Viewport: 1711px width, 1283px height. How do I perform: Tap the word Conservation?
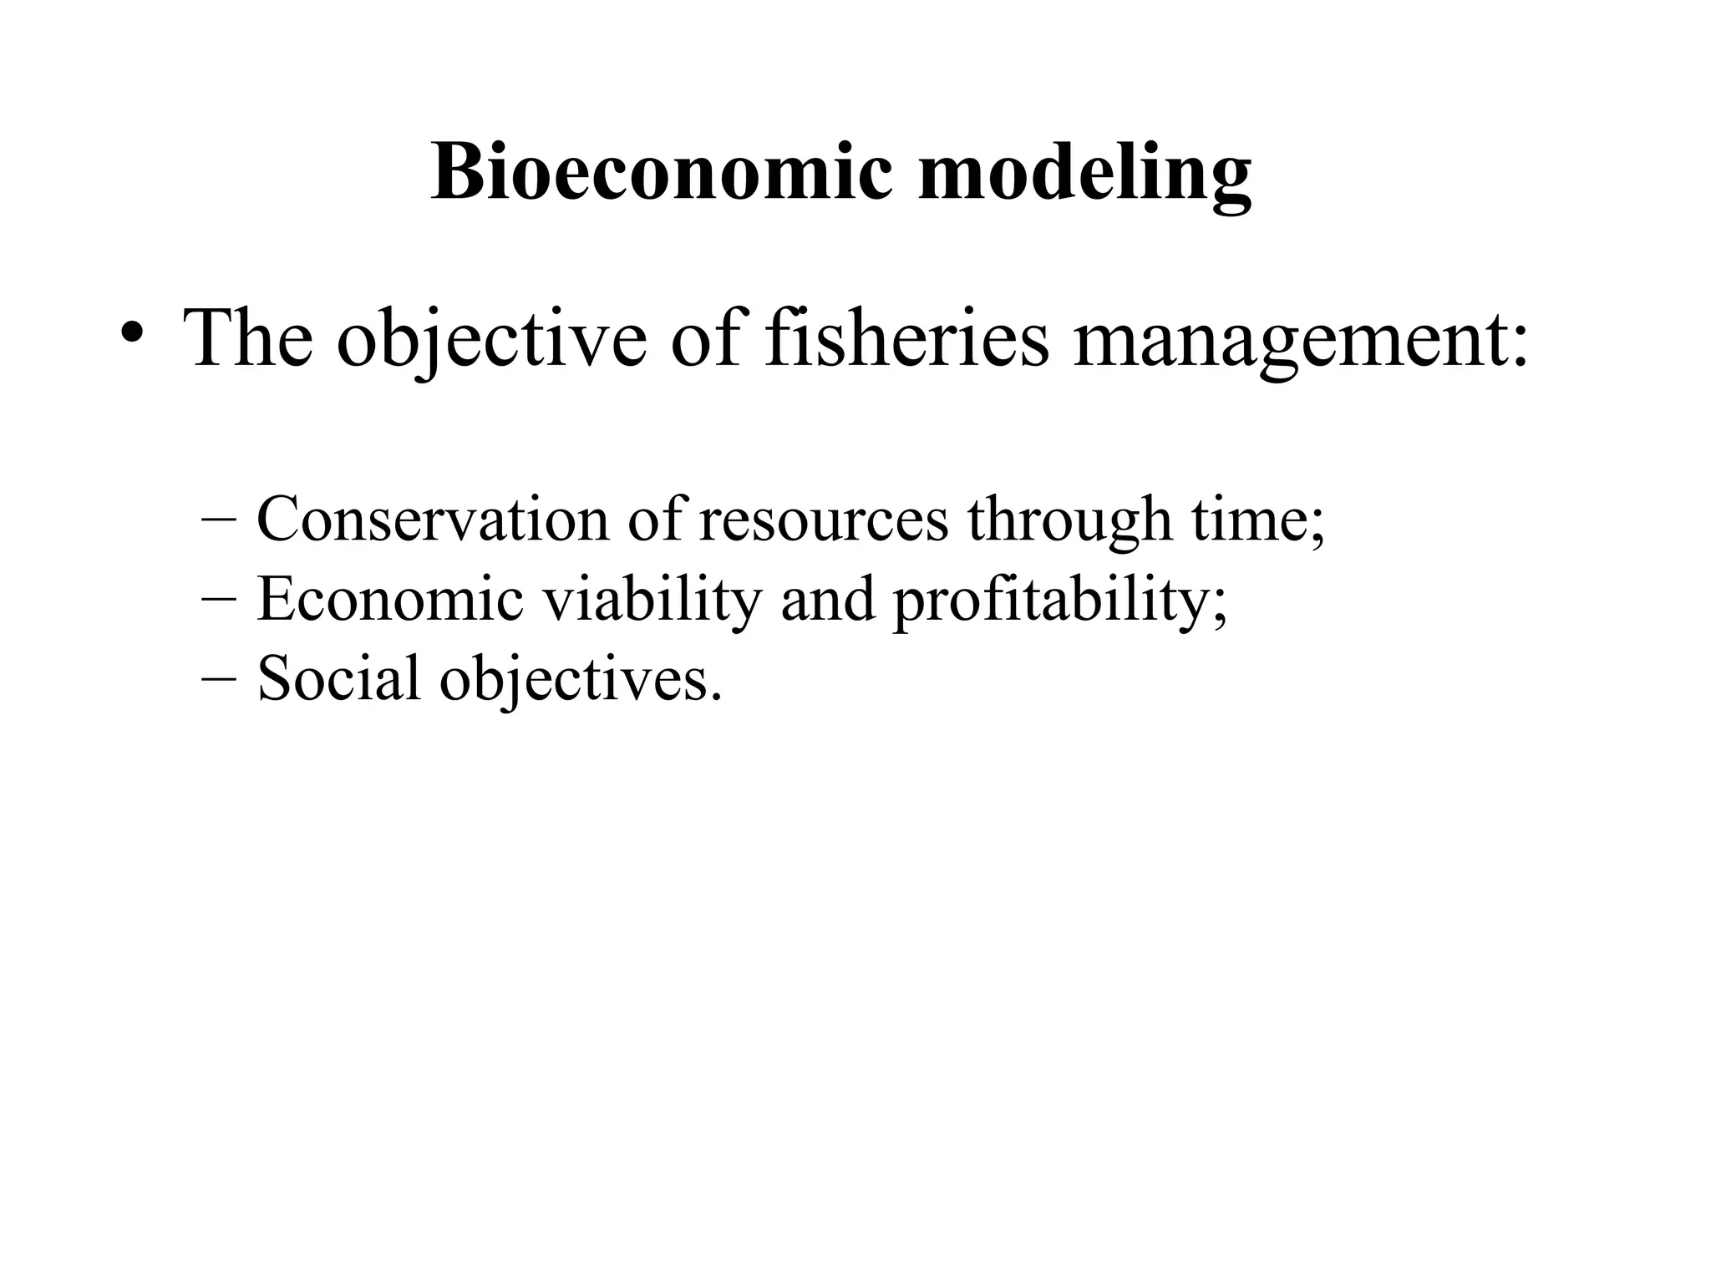[x=433, y=519]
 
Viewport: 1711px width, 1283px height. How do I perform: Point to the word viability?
[x=652, y=599]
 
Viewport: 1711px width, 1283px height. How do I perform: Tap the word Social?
[x=338, y=677]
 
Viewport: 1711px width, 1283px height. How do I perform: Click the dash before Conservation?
[x=219, y=520]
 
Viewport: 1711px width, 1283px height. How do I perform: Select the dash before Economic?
[x=219, y=600]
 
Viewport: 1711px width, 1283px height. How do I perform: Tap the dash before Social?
[x=219, y=678]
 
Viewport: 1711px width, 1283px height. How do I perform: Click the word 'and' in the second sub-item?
[x=828, y=599]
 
